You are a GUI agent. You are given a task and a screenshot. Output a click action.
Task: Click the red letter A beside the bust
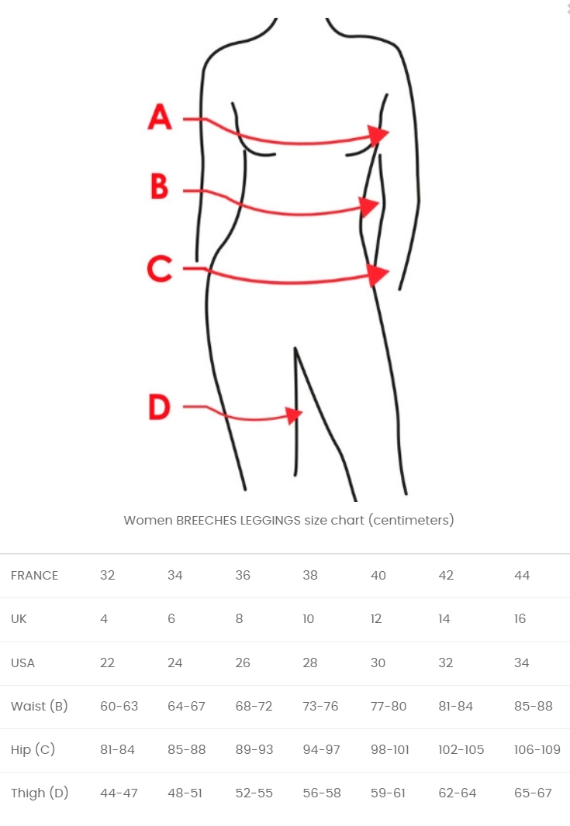pyautogui.click(x=160, y=116)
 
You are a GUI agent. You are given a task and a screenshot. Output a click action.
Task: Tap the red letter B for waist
pyautogui.click(x=159, y=186)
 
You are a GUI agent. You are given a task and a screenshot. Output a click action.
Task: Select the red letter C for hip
pyautogui.click(x=160, y=269)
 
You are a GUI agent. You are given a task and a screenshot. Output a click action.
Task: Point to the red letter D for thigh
pyautogui.click(x=160, y=408)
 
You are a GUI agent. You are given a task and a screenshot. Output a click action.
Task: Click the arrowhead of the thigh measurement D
pyautogui.click(x=294, y=415)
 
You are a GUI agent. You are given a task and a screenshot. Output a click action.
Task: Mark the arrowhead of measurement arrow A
pyautogui.click(x=379, y=134)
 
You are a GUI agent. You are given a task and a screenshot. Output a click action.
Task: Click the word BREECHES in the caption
pyautogui.click(x=206, y=521)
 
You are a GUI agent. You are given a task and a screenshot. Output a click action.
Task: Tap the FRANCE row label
pyautogui.click(x=34, y=575)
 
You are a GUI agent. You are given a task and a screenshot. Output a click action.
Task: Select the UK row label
pyautogui.click(x=19, y=619)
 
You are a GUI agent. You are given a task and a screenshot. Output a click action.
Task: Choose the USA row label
pyautogui.click(x=22, y=663)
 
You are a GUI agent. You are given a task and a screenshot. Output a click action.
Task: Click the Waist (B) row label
pyautogui.click(x=39, y=707)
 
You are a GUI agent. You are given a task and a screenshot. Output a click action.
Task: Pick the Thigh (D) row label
pyautogui.click(x=40, y=793)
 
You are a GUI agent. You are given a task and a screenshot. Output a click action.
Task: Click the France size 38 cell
pyautogui.click(x=310, y=575)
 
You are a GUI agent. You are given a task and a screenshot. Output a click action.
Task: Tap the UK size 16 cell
pyautogui.click(x=520, y=619)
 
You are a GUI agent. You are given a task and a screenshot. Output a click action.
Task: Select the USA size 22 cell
pyautogui.click(x=107, y=663)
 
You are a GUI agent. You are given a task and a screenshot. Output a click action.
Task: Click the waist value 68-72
pyautogui.click(x=254, y=707)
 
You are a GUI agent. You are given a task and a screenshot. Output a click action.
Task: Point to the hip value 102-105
pyautogui.click(x=461, y=749)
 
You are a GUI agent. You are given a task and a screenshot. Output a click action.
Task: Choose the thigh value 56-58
pyautogui.click(x=322, y=793)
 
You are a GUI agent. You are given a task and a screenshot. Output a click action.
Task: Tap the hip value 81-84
pyautogui.click(x=117, y=749)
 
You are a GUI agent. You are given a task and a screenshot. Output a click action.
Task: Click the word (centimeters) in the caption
pyautogui.click(x=411, y=521)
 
